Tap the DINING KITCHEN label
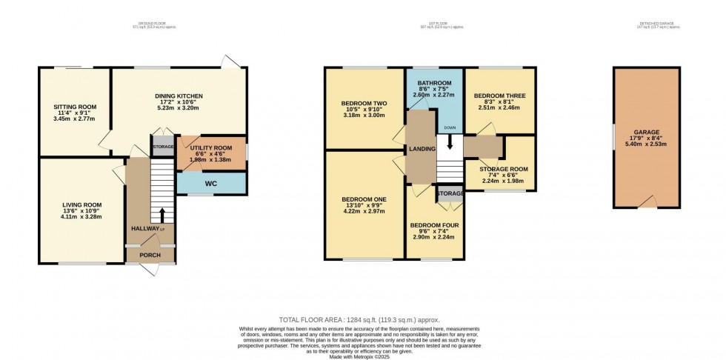click(179, 96)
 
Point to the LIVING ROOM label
click(81, 205)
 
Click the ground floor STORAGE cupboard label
click(163, 147)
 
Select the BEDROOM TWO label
click(364, 104)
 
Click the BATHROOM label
click(433, 83)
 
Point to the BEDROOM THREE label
click(499, 96)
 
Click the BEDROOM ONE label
click(364, 200)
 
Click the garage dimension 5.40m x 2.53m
click(645, 144)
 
